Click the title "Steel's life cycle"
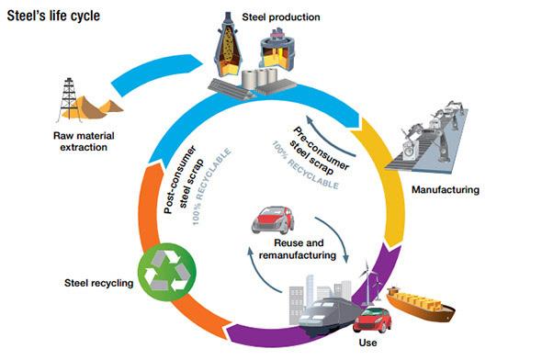(53, 16)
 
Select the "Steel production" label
(281, 17)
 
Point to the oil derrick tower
(69, 99)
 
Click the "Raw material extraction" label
(84, 141)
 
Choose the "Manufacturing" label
(446, 190)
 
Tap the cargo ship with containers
(421, 304)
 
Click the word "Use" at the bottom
(367, 343)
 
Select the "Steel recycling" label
(99, 283)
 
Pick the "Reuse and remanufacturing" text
(298, 249)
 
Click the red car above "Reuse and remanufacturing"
(273, 219)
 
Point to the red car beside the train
(372, 321)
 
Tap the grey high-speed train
(327, 315)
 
